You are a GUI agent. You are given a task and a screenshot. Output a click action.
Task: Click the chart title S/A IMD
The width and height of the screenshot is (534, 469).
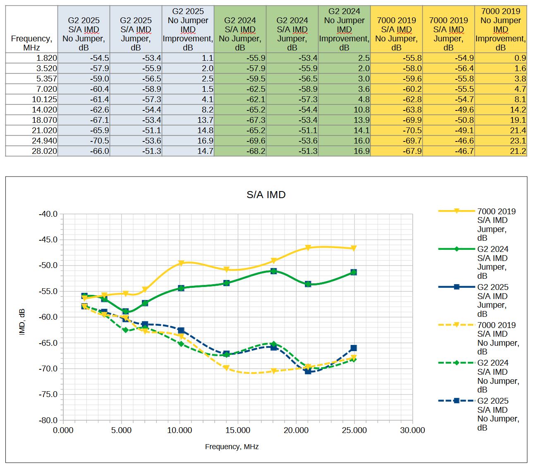coord(266,195)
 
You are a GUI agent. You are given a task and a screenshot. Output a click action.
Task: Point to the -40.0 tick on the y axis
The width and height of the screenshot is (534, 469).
coord(48,214)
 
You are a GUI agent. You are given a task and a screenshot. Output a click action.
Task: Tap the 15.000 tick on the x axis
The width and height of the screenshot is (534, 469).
coord(237,431)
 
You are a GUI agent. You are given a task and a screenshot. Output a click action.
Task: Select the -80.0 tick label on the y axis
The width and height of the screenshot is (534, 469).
coord(48,420)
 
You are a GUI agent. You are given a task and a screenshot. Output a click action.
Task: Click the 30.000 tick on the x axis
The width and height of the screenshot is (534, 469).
coord(412,431)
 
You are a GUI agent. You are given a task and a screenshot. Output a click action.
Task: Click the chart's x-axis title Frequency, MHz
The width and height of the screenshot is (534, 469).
coord(232,447)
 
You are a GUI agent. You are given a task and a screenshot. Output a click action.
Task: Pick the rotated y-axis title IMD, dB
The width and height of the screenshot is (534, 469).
coord(22,322)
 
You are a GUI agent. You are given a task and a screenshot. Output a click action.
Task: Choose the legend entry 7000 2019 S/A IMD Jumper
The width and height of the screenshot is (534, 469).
coord(496,225)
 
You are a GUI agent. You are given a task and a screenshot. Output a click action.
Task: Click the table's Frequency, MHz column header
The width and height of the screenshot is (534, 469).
coord(31,43)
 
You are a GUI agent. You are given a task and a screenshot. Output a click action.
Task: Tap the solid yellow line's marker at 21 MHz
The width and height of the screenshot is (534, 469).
coord(308,248)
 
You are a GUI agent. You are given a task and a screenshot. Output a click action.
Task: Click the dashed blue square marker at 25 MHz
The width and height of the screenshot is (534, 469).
coord(354,348)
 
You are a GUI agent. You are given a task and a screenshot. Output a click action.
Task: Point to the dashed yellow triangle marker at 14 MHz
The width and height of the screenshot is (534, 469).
coord(226,368)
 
